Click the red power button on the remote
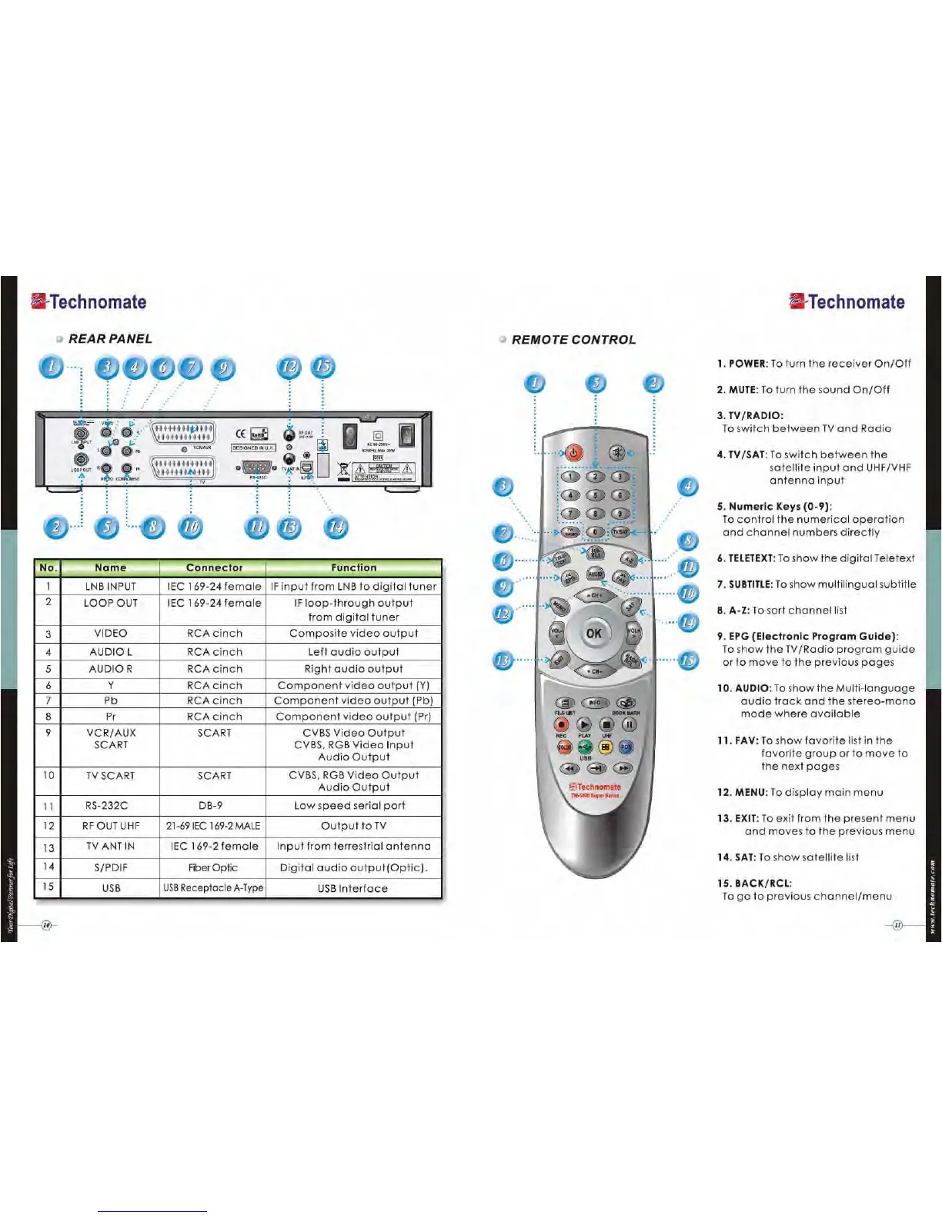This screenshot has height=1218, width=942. (x=573, y=453)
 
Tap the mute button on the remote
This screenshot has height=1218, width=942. (x=616, y=452)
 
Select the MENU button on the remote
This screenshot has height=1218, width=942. (x=560, y=607)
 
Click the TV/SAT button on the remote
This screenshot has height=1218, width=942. (x=620, y=531)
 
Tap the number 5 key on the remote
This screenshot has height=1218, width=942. (x=595, y=495)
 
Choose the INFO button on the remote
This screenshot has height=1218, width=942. (x=595, y=702)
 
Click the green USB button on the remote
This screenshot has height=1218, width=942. (x=585, y=747)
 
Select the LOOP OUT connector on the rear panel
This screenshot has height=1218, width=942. (x=81, y=460)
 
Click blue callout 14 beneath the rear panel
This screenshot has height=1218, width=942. (x=336, y=527)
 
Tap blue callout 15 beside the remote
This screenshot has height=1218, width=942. (x=688, y=660)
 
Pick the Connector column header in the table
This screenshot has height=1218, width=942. (x=214, y=567)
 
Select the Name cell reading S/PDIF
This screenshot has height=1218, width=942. (x=111, y=867)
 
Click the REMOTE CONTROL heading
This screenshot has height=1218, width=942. (x=573, y=340)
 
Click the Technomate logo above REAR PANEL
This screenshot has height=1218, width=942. (x=89, y=302)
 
